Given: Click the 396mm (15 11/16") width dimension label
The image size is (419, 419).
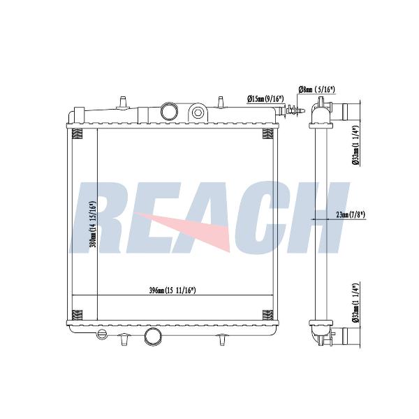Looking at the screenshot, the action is [x=172, y=291].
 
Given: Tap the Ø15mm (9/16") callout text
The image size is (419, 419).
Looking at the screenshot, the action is [x=265, y=99].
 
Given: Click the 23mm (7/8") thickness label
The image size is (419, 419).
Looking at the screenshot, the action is [x=351, y=214].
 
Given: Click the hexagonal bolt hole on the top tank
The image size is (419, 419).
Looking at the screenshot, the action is [x=198, y=112].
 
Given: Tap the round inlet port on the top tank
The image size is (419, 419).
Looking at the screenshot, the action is [x=169, y=111].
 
